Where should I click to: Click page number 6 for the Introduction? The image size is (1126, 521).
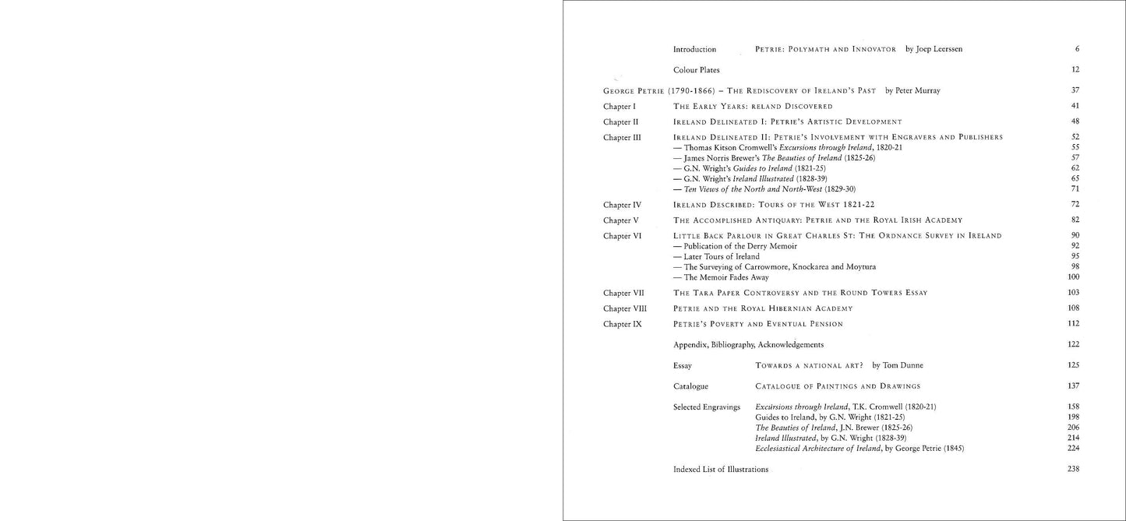(x=1076, y=49)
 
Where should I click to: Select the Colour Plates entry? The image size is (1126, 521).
(x=696, y=70)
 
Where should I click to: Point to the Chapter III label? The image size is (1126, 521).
(x=622, y=137)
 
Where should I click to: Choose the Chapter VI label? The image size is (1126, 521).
(x=622, y=235)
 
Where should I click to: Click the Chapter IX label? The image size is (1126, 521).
(x=622, y=324)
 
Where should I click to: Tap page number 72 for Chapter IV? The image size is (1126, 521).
(x=1075, y=205)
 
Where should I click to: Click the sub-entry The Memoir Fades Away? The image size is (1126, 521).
(x=721, y=277)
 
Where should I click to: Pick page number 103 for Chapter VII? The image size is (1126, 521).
(x=1073, y=293)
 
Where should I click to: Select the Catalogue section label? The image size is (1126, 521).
(x=690, y=386)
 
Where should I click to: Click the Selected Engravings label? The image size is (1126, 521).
(x=706, y=407)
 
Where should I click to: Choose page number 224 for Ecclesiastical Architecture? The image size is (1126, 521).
(x=1073, y=449)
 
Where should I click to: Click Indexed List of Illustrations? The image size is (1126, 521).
(x=720, y=470)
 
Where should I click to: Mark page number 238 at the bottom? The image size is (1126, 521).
(x=1073, y=470)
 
